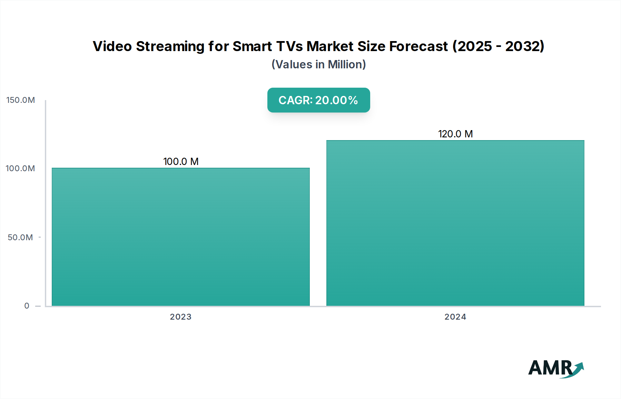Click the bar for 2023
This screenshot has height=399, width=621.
pyautogui.click(x=180, y=237)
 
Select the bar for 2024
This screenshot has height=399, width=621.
pyautogui.click(x=455, y=223)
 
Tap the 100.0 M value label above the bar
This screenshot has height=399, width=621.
pyautogui.click(x=181, y=162)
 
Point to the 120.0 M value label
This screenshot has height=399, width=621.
pyautogui.click(x=455, y=134)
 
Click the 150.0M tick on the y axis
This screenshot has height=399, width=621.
pyautogui.click(x=21, y=100)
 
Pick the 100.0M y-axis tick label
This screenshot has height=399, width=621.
pyautogui.click(x=20, y=168)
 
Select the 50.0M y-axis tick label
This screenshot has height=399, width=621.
pyautogui.click(x=20, y=237)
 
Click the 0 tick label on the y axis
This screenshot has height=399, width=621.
pyautogui.click(x=27, y=306)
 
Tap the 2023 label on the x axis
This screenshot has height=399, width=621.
pyautogui.click(x=180, y=317)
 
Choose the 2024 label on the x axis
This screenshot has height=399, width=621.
pyautogui.click(x=455, y=317)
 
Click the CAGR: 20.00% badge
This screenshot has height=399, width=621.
pyautogui.click(x=318, y=100)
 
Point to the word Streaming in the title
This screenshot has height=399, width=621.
pyautogui.click(x=170, y=47)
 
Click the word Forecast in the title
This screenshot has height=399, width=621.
pyautogui.click(x=418, y=46)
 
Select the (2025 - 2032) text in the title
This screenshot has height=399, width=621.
pyautogui.click(x=498, y=46)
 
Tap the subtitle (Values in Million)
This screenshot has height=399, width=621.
pyautogui.click(x=318, y=65)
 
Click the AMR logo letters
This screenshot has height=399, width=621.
pyautogui.click(x=550, y=368)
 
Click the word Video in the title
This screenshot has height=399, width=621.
pyautogui.click(x=112, y=46)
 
